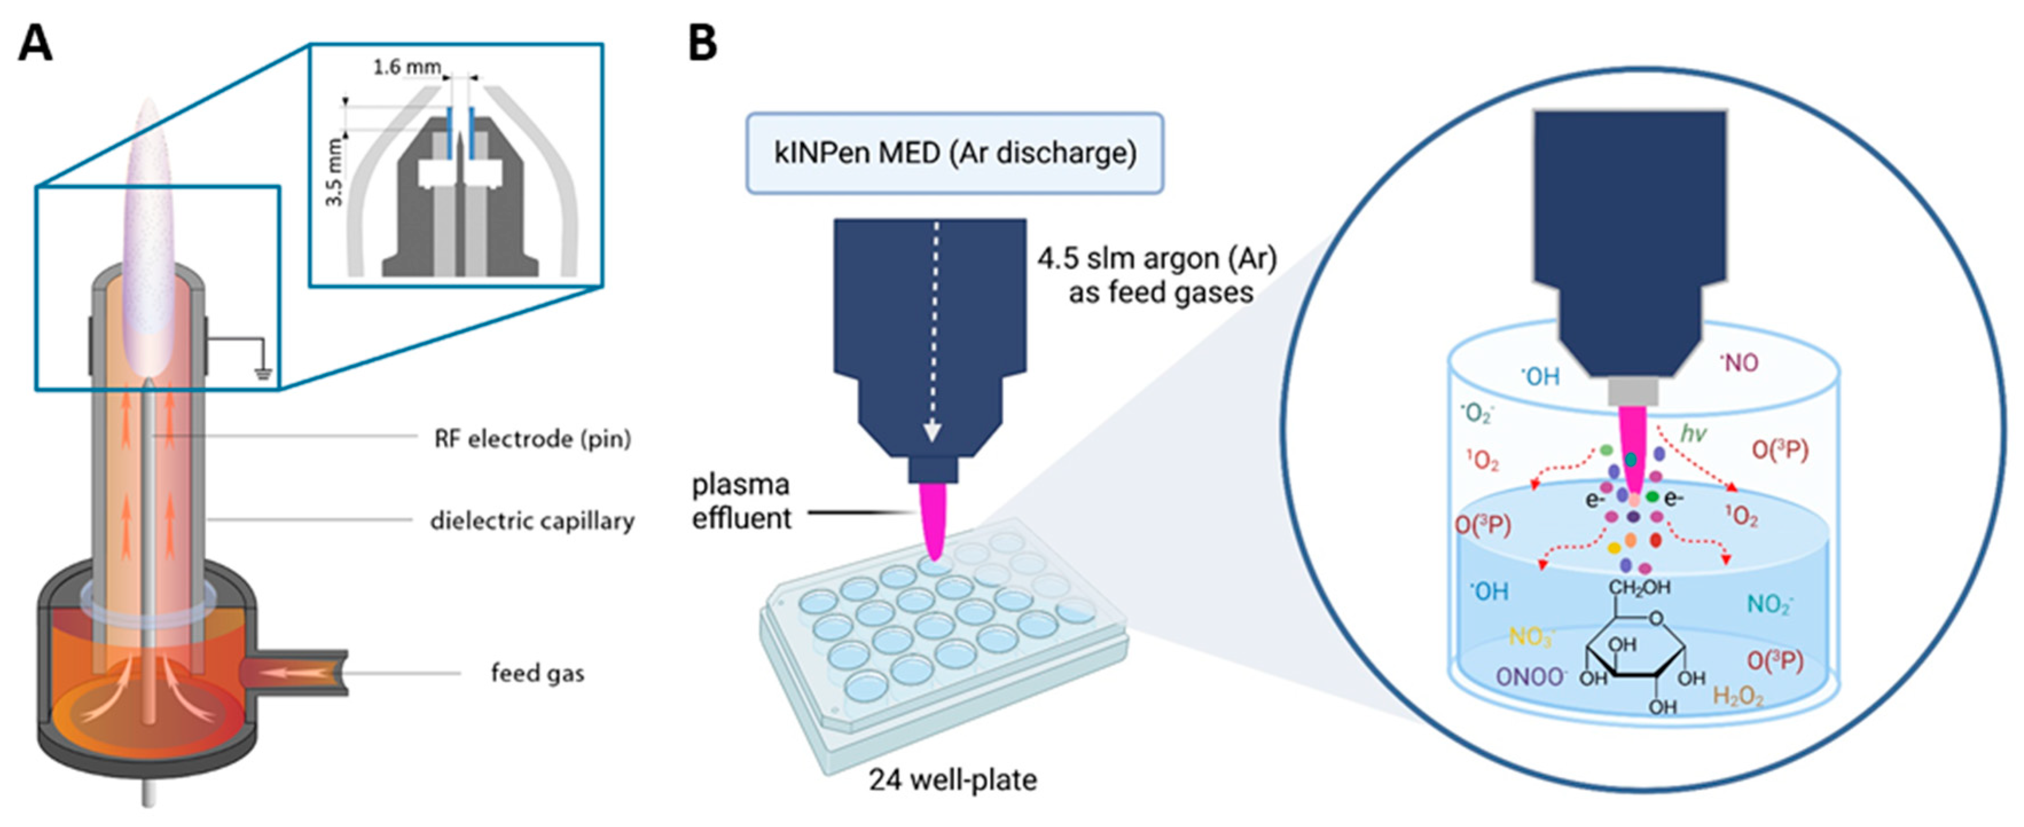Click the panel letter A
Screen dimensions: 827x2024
(36, 43)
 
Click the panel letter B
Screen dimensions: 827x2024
(703, 43)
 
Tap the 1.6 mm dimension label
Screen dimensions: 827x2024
(407, 68)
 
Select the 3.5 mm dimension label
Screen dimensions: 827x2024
(335, 172)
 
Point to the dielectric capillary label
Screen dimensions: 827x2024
(532, 521)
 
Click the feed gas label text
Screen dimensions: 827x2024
(538, 673)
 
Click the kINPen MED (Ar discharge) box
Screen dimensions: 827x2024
(954, 153)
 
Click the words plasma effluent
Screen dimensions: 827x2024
(740, 502)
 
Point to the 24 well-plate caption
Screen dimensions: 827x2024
(952, 780)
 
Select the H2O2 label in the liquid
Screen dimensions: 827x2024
(1738, 696)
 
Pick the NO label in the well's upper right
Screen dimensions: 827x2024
(1739, 363)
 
